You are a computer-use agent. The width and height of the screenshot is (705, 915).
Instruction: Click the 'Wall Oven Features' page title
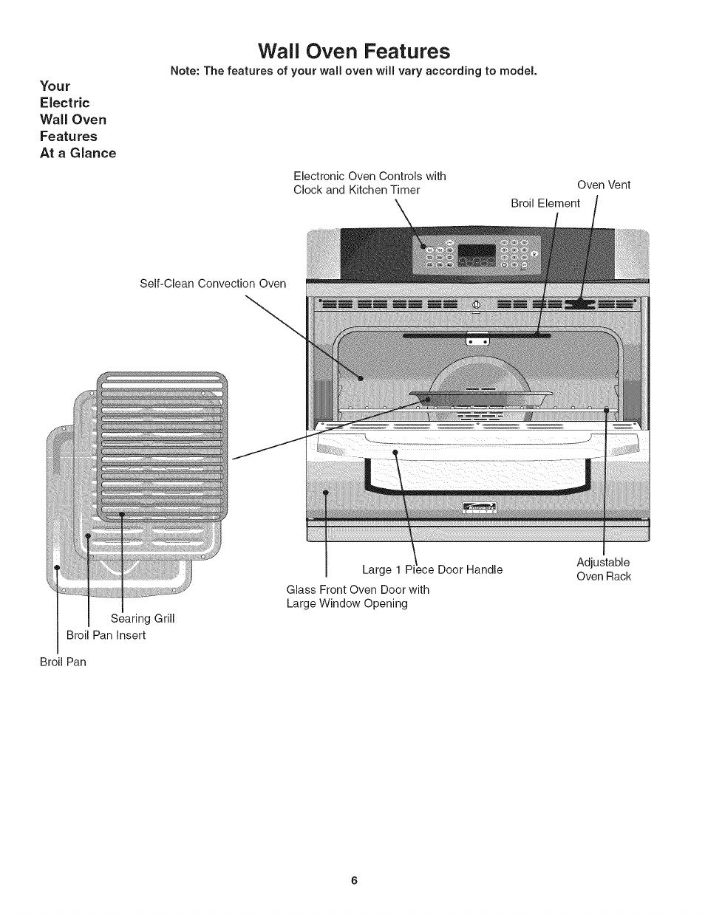point(353,51)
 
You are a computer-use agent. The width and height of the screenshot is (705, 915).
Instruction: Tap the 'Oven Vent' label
point(604,185)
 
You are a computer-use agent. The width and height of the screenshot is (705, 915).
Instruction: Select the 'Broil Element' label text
point(545,203)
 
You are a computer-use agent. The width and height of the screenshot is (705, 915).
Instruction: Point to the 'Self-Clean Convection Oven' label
point(213,284)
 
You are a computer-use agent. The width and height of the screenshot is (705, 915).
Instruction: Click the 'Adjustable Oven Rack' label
point(604,569)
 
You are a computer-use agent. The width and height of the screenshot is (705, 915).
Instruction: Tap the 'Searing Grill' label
point(143,618)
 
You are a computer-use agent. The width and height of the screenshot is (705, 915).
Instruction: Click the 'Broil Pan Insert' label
point(106,635)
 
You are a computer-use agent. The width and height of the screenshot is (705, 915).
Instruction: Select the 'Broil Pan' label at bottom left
point(63,662)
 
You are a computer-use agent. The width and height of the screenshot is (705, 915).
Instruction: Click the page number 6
point(354,880)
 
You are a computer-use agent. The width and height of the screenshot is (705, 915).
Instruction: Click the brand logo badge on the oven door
point(479,507)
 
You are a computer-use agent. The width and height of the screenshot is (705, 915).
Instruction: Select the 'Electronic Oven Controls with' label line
point(369,176)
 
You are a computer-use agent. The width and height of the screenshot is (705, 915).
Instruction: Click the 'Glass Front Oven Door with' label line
point(358,589)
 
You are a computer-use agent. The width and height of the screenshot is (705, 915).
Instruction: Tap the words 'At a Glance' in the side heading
point(78,153)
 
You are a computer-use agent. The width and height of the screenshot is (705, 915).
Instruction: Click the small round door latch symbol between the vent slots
point(476,305)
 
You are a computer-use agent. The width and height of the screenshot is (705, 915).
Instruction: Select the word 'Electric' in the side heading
point(64,103)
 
